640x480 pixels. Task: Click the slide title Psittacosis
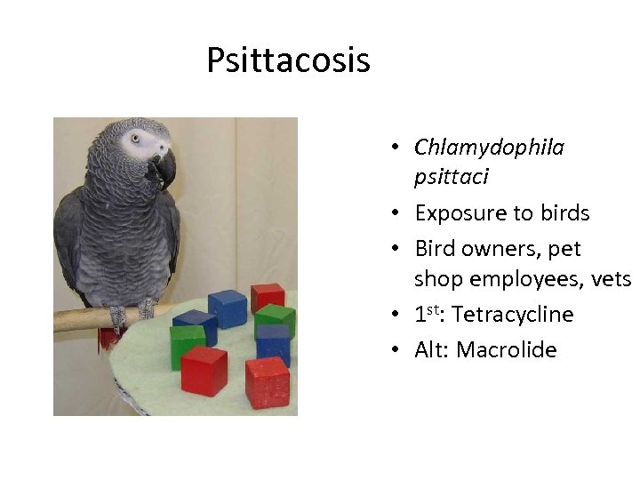coord(288,61)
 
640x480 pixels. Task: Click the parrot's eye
coord(135,139)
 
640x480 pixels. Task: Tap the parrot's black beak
coord(163,168)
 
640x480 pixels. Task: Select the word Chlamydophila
coord(489,148)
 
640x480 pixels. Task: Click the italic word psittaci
coord(451,177)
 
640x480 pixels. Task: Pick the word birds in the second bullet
coord(564,213)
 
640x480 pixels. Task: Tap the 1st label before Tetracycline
coord(428,314)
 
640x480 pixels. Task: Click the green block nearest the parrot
coord(188,346)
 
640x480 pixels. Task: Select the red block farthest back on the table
coord(267,297)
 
